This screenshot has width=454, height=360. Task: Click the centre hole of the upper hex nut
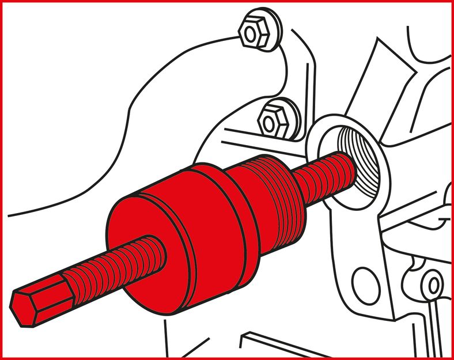(251, 34)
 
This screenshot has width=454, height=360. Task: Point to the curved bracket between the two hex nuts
(277, 75)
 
